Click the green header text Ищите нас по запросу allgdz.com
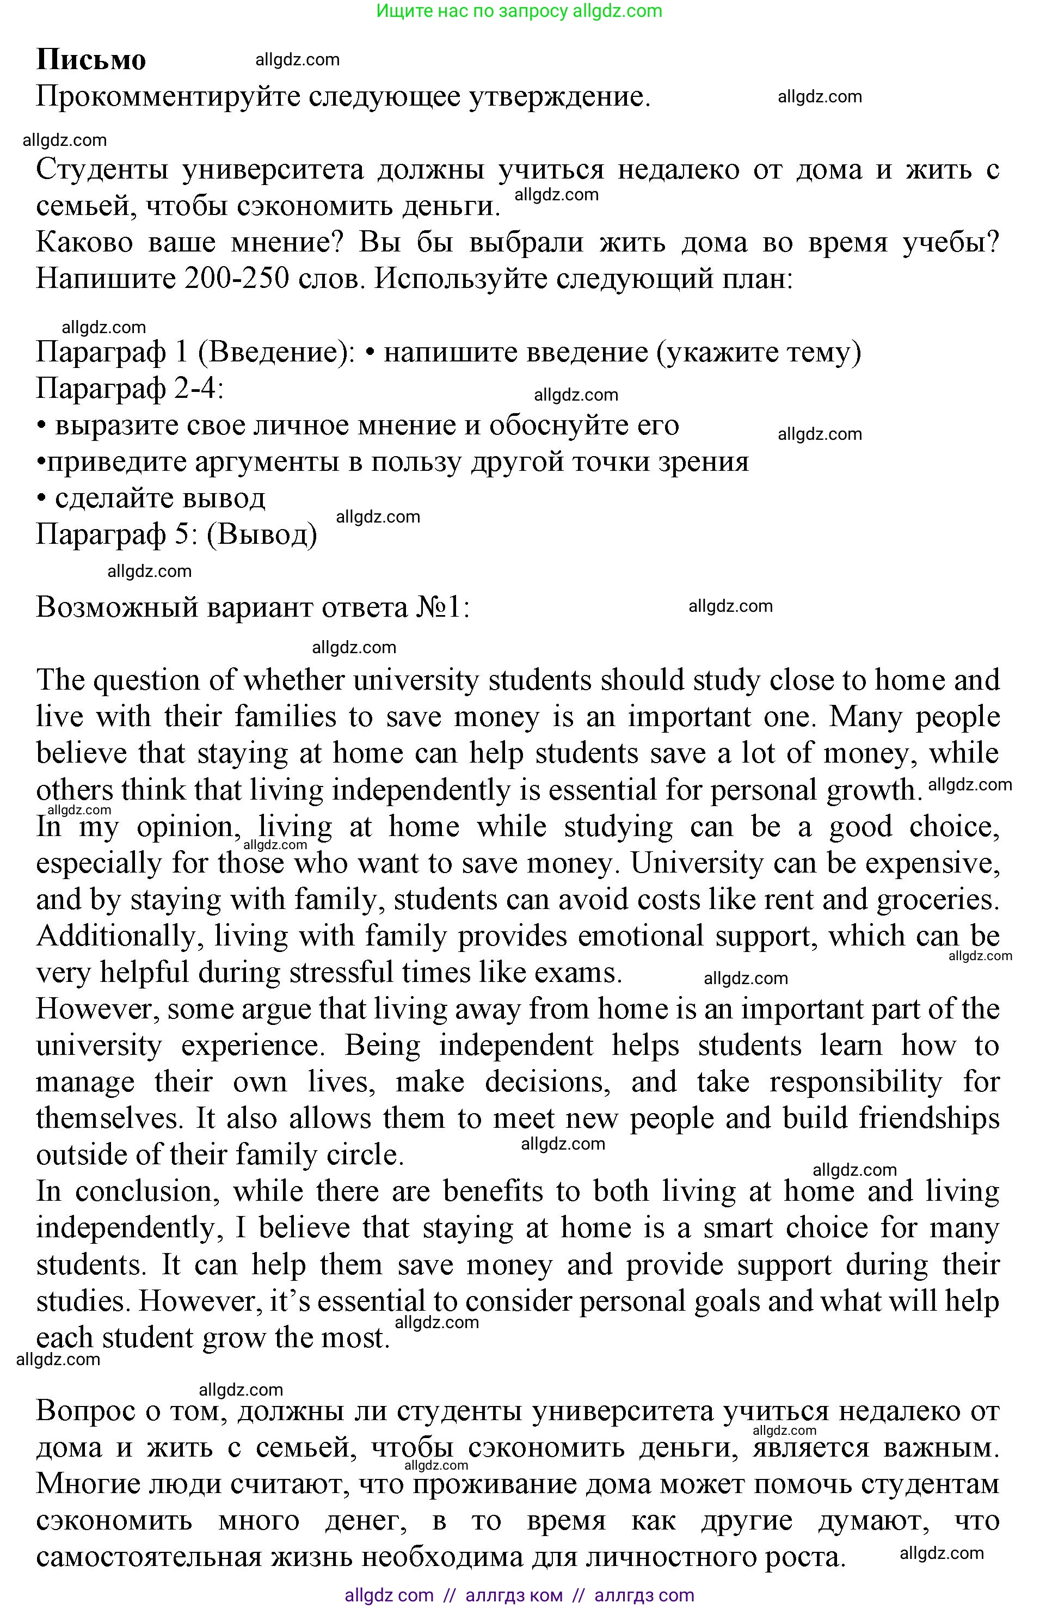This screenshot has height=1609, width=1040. click(x=519, y=11)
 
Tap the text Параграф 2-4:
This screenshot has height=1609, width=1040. click(x=129, y=389)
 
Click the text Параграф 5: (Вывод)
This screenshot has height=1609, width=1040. click(x=176, y=535)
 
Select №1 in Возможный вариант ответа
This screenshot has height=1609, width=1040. click(x=442, y=607)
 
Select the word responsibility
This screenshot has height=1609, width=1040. click(x=855, y=1082)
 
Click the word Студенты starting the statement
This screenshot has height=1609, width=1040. click(x=101, y=169)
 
